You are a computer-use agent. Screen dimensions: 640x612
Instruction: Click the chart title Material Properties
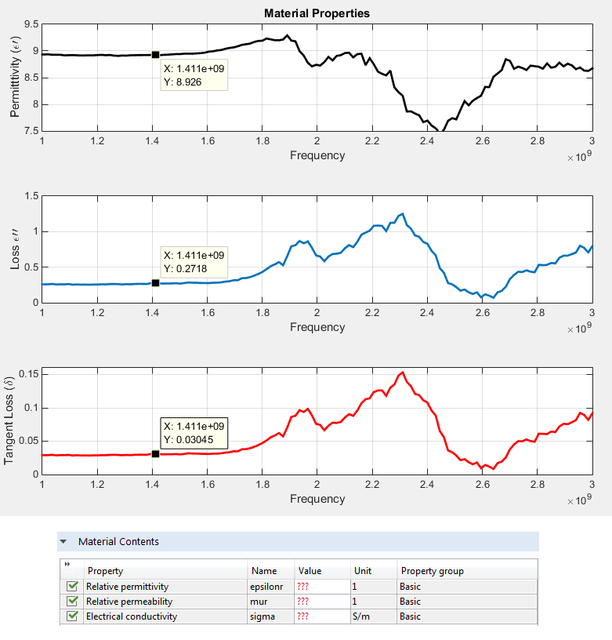[317, 13]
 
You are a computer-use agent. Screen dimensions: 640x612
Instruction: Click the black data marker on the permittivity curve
[155, 55]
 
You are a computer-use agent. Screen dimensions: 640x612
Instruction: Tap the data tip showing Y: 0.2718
[194, 263]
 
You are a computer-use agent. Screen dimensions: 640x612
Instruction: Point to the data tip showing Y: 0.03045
[194, 432]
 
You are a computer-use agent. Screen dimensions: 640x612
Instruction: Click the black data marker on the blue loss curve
[155, 283]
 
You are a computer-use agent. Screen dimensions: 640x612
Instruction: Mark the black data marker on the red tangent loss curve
[155, 453]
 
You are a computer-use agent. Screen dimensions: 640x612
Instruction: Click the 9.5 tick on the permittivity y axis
[31, 24]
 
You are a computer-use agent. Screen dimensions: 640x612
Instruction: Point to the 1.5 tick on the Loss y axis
[31, 196]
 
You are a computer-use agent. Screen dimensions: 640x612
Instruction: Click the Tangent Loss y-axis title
[10, 420]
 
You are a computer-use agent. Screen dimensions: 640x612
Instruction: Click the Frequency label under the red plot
[317, 499]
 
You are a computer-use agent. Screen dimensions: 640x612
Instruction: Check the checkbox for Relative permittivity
[73, 587]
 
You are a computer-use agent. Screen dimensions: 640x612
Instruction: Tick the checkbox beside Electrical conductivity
[73, 616]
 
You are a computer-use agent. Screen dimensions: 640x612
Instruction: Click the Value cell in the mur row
[321, 602]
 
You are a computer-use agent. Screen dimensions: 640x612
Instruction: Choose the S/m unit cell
[373, 616]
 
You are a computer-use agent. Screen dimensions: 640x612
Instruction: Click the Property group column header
[432, 571]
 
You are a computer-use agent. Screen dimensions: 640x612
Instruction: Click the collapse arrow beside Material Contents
[63, 542]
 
